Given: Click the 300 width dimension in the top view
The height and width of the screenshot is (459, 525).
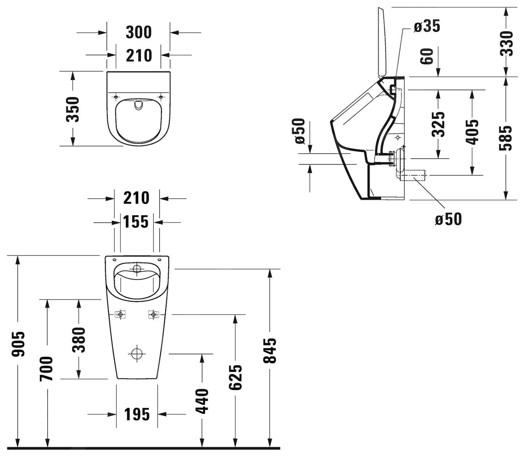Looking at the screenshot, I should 138,32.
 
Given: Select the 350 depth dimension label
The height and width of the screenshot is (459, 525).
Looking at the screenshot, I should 72,109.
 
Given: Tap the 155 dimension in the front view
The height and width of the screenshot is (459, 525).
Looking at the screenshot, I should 136,222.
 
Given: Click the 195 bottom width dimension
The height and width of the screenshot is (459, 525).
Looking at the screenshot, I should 137,414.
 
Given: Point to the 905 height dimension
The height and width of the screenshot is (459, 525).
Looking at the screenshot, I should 18,344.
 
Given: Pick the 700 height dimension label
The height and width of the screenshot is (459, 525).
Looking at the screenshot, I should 47,368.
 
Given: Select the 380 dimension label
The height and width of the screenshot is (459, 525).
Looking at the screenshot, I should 79,339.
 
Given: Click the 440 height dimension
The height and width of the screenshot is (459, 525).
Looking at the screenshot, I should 202,401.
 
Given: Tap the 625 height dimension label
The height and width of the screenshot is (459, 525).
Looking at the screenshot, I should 235,377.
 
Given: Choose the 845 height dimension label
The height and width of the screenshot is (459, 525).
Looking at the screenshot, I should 269,350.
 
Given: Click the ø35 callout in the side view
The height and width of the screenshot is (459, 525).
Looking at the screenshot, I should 427,26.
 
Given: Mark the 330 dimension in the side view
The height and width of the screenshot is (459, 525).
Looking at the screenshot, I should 506,43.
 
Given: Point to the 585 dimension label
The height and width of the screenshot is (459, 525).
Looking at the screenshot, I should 506,138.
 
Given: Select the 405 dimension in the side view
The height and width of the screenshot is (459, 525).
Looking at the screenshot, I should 472,132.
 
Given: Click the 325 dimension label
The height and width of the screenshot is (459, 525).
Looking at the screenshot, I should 439,124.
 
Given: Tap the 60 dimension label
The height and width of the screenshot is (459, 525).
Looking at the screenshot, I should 427,56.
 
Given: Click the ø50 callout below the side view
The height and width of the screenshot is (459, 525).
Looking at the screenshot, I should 448,219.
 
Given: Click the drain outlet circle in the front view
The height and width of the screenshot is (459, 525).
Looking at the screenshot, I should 136,354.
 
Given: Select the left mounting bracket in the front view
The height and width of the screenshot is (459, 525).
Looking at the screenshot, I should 121,314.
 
